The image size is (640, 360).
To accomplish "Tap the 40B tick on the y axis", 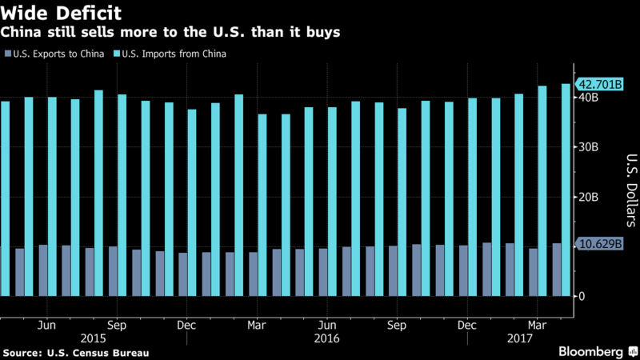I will (x=586, y=98).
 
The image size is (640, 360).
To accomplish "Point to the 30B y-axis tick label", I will (x=586, y=147).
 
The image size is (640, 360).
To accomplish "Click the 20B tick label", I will (x=586, y=197).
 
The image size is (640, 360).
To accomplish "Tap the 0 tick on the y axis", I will (x=582, y=296).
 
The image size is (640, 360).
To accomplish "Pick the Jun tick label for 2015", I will (x=47, y=326).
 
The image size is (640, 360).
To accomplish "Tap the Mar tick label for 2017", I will (x=538, y=326).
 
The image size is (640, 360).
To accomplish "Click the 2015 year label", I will (x=94, y=338).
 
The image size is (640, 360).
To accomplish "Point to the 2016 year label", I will (x=327, y=338).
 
